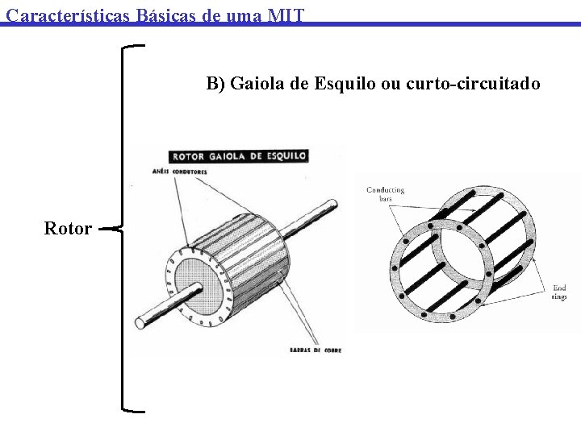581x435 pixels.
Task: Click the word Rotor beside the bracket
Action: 68,229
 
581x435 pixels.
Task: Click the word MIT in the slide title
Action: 286,14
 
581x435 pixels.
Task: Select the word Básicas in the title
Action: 166,14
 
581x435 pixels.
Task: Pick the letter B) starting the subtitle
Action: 215,84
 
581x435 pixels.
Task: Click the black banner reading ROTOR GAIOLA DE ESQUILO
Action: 238,155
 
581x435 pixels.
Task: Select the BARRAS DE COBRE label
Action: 315,350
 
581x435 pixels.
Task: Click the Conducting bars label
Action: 385,194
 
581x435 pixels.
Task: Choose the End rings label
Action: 559,292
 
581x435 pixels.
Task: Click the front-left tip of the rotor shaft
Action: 140,323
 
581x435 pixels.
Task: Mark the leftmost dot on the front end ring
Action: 395,267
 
